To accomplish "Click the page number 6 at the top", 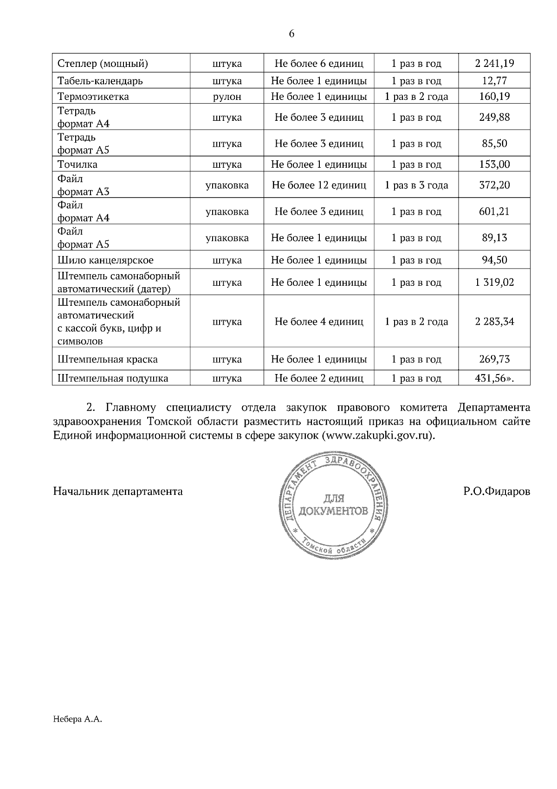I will (x=291, y=34).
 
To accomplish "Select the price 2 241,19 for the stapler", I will (x=494, y=63).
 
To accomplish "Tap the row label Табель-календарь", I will (x=100, y=81).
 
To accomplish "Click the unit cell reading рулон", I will (x=227, y=97).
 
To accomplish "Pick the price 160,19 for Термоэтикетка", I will (x=494, y=97).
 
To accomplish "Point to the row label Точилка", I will (x=78, y=164).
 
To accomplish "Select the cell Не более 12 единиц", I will (x=319, y=185).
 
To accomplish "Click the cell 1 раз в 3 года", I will (x=416, y=185).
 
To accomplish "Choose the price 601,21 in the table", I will (x=494, y=211).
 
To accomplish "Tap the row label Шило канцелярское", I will (x=105, y=260).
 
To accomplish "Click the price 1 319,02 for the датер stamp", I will (x=494, y=283).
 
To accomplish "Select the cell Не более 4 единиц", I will (x=319, y=322).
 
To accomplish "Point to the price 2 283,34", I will (x=494, y=322).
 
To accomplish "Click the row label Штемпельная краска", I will (x=108, y=360).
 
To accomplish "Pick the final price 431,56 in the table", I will (x=492, y=378).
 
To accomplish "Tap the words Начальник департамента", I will (x=118, y=491).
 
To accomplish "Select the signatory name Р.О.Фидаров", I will (x=496, y=491).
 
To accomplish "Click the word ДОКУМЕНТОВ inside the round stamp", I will (x=334, y=512).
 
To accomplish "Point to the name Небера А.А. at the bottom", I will (x=77, y=720).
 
